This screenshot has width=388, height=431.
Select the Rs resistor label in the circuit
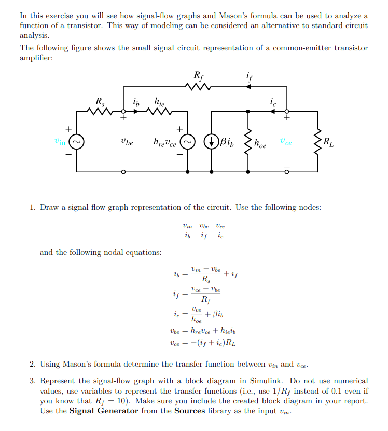(99, 101)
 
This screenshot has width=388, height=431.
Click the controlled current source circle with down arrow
(212, 141)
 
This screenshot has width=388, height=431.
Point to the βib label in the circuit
(228, 141)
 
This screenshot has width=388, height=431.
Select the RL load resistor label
(328, 141)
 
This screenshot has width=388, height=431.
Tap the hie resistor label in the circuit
(160, 101)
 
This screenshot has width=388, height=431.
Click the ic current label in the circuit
(273, 102)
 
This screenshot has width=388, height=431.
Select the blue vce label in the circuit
(285, 141)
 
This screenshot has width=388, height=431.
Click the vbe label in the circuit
(126, 141)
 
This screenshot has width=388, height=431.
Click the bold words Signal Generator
(104, 411)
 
